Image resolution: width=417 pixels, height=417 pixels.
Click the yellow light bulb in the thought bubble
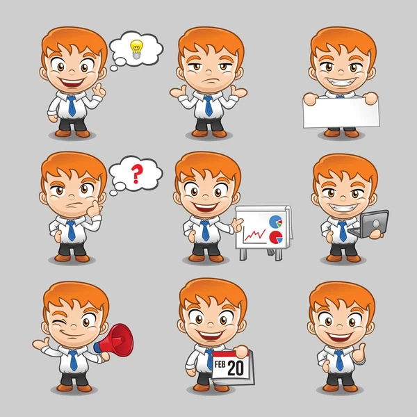click(x=136, y=49)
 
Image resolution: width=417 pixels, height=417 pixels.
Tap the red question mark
click(x=137, y=174)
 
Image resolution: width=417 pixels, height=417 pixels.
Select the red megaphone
click(x=114, y=339)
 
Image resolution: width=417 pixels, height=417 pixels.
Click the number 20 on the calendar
click(x=236, y=368)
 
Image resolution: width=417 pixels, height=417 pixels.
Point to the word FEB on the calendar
click(x=220, y=364)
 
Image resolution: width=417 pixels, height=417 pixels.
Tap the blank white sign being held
click(x=341, y=112)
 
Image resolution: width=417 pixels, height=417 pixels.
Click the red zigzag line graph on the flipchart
click(x=254, y=235)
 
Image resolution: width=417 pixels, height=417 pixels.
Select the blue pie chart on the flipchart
click(x=275, y=222)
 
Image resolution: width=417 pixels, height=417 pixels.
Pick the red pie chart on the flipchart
click(x=276, y=237)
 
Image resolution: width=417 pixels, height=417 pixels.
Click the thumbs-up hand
click(x=359, y=353)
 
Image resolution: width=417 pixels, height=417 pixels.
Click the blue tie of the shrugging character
click(x=208, y=106)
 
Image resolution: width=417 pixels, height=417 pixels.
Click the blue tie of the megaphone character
click(x=74, y=360)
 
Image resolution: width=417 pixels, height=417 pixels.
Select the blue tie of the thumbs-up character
click(x=339, y=360)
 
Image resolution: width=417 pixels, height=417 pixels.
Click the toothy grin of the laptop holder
click(x=343, y=207)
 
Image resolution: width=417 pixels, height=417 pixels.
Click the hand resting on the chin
click(x=94, y=208)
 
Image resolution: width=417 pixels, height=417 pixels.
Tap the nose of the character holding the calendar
click(x=211, y=325)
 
